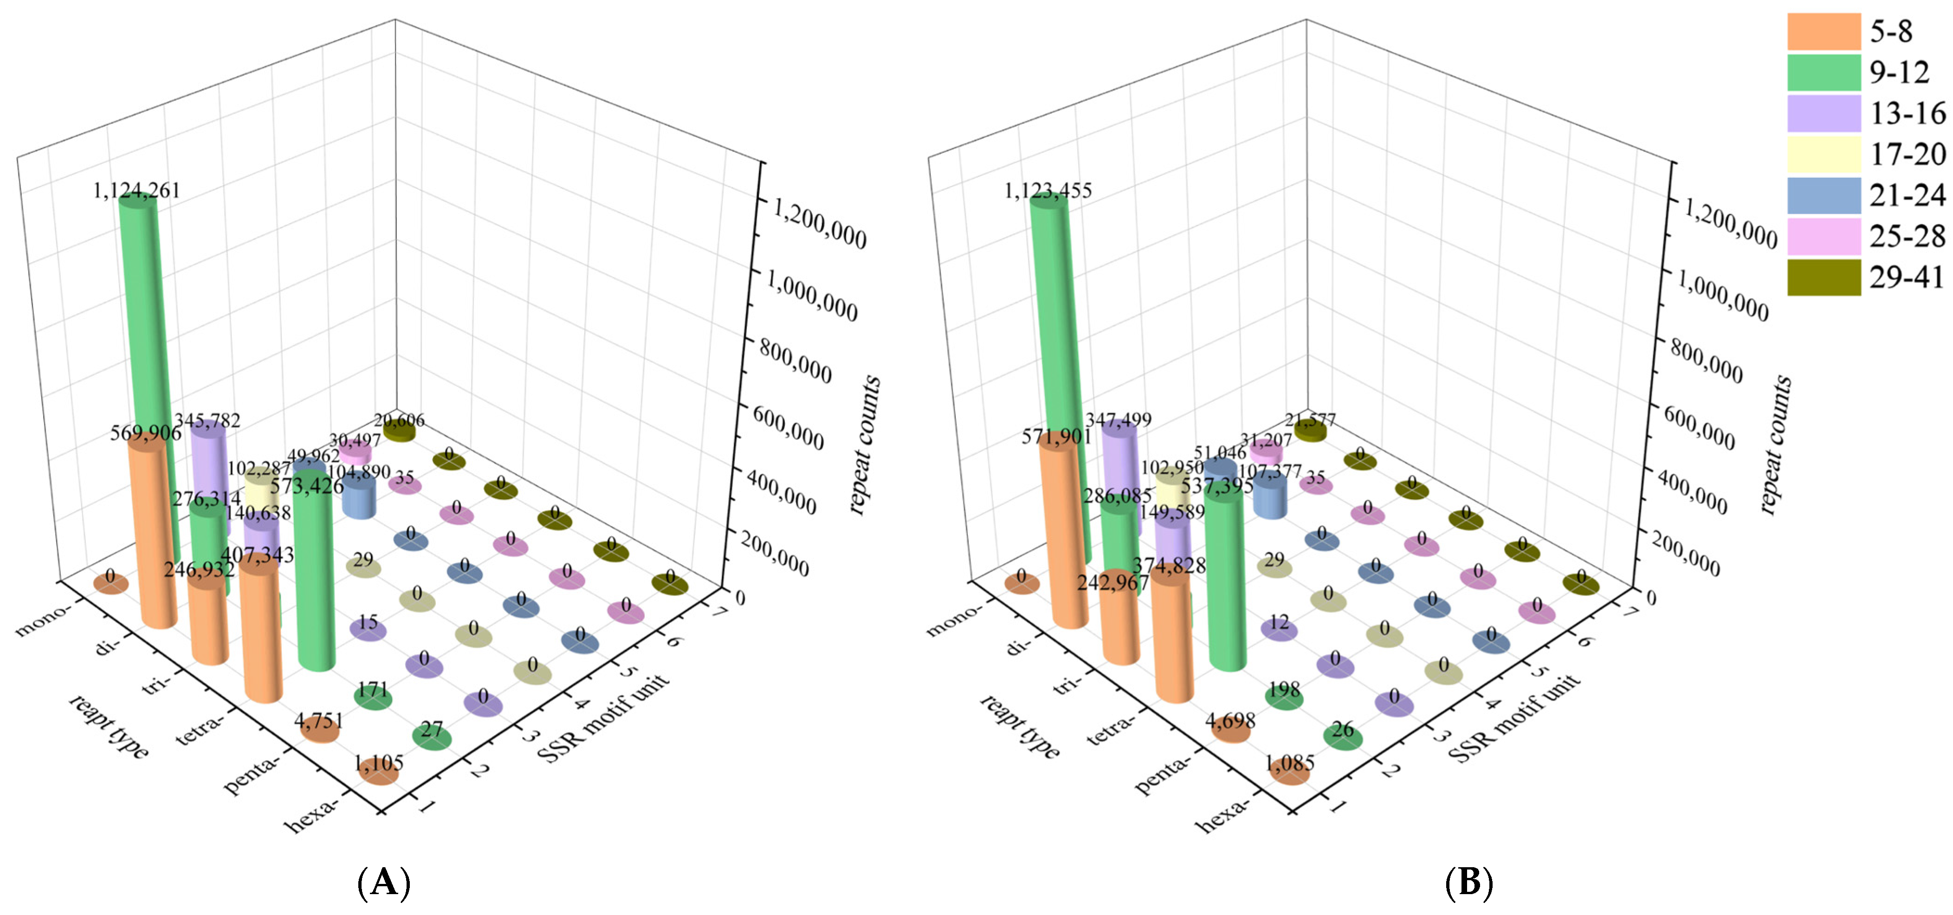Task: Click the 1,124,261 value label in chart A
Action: click(x=136, y=190)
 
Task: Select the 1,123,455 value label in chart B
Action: click(x=1048, y=190)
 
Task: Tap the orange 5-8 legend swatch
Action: click(x=1824, y=31)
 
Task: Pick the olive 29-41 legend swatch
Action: click(x=1824, y=277)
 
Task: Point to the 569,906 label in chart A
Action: click(x=146, y=433)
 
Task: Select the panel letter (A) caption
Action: click(x=384, y=883)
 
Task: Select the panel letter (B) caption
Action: click(x=1468, y=883)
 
